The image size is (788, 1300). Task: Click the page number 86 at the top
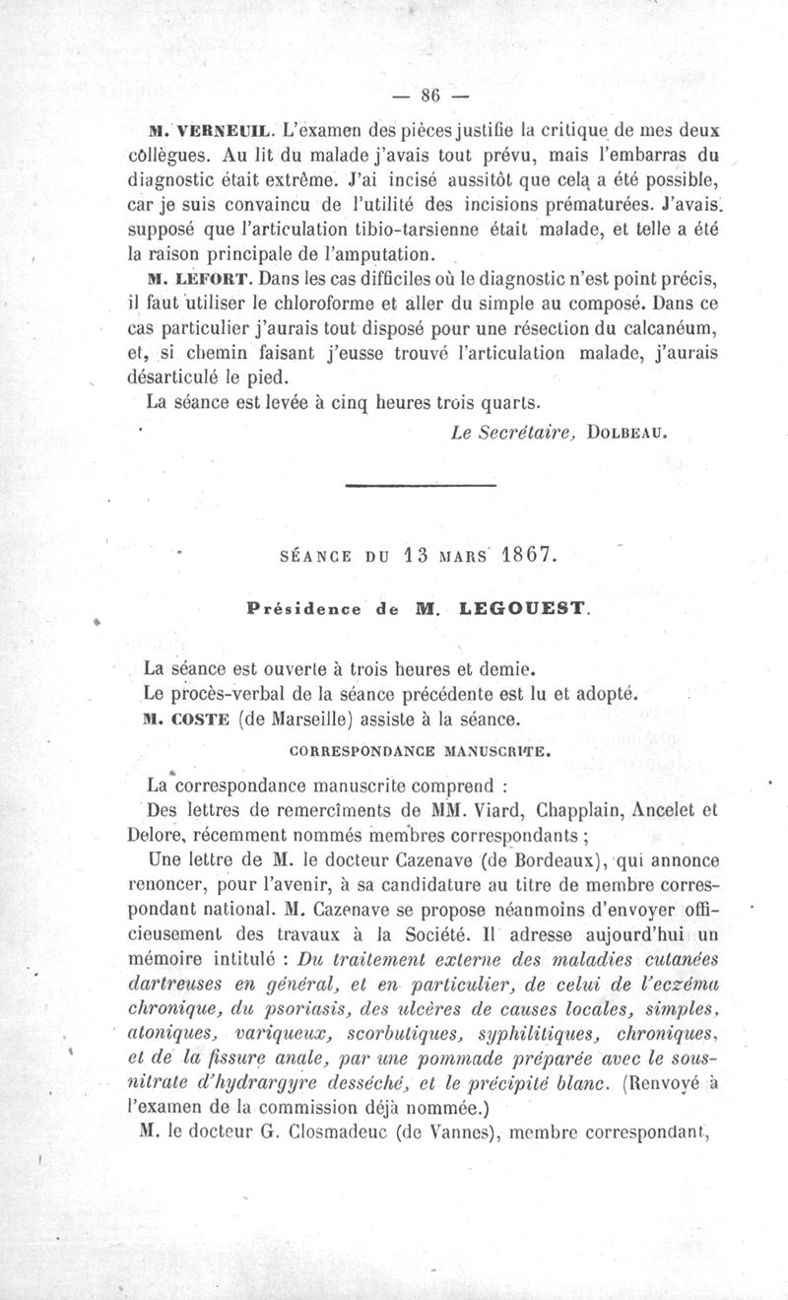(428, 96)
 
